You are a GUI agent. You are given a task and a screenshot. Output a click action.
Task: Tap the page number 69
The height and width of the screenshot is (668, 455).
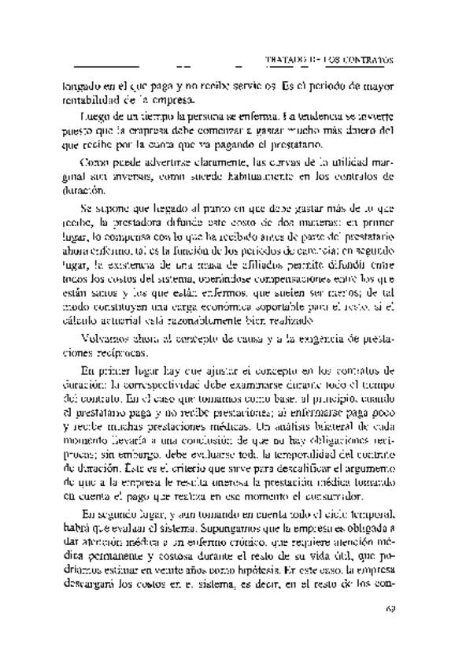click(x=389, y=608)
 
